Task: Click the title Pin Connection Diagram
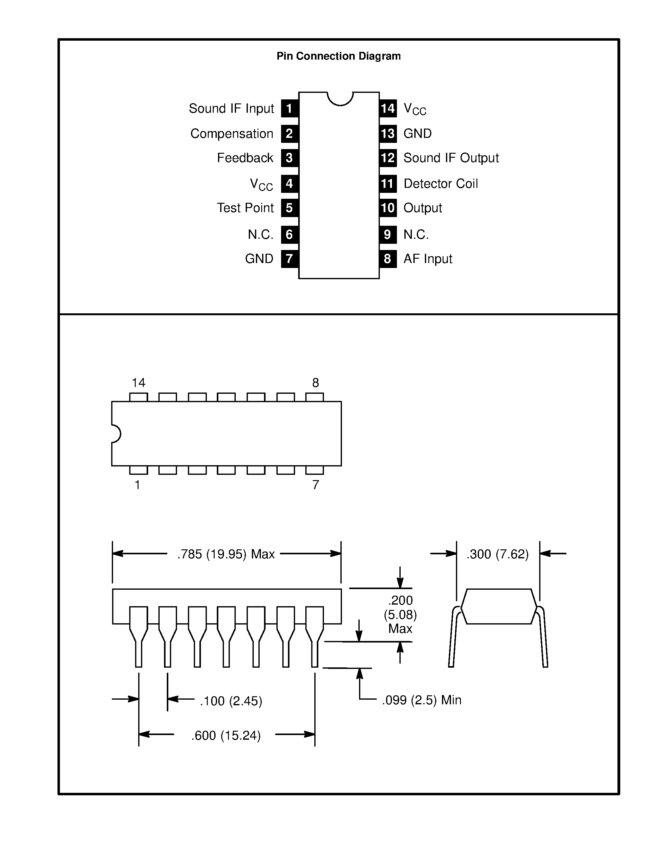[x=338, y=56]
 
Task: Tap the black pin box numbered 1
[x=289, y=108]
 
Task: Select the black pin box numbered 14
[x=388, y=108]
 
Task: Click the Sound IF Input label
[x=231, y=109]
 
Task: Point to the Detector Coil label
[x=440, y=184]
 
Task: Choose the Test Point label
[x=245, y=208]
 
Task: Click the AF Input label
[x=427, y=258]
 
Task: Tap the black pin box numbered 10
[x=388, y=208]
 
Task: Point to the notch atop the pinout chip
[x=340, y=98]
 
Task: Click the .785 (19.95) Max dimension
[x=226, y=554]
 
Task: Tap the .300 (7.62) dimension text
[x=497, y=554]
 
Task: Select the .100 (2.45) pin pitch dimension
[x=231, y=701]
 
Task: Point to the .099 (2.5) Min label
[x=421, y=700]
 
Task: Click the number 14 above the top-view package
[x=139, y=382]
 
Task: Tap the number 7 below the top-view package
[x=316, y=485]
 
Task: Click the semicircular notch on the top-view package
[x=116, y=434]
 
